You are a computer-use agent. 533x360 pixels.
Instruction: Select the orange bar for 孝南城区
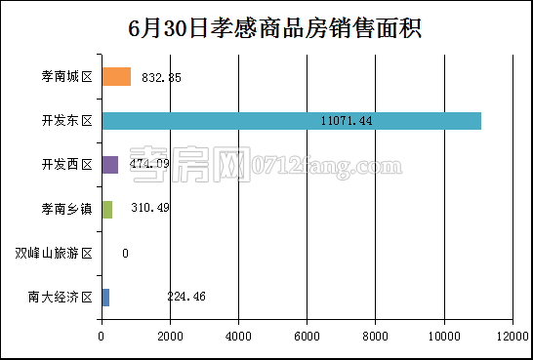pyautogui.click(x=116, y=77)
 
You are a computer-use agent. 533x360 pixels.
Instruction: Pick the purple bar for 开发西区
pyautogui.click(x=109, y=165)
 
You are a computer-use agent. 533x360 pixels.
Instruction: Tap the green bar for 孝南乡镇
pyautogui.click(x=106, y=209)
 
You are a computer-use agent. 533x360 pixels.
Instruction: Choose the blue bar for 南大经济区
pyautogui.click(x=105, y=297)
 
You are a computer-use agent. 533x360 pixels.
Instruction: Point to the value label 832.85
pyautogui.click(x=161, y=77)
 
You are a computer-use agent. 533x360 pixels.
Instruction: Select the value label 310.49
pyautogui.click(x=150, y=209)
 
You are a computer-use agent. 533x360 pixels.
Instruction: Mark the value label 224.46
pyautogui.click(x=184, y=297)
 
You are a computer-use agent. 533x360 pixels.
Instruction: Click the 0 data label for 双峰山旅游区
pyautogui.click(x=125, y=254)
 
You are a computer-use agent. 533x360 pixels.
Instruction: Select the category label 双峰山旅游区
pyautogui.click(x=55, y=254)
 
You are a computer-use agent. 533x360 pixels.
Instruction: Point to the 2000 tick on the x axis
pyautogui.click(x=170, y=337)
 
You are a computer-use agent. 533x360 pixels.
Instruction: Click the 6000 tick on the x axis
pyautogui.click(x=307, y=337)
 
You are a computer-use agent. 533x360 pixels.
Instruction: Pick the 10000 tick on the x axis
pyautogui.click(x=444, y=337)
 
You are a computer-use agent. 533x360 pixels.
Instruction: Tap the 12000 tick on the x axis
pyautogui.click(x=512, y=337)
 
